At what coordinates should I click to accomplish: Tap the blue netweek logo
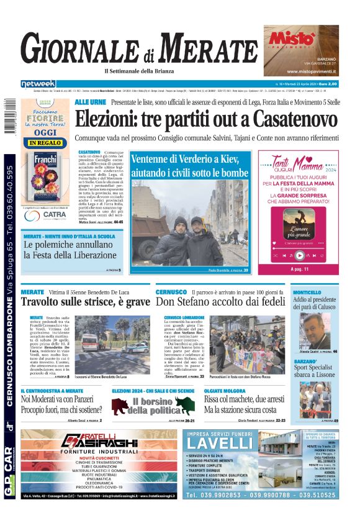click(38, 83)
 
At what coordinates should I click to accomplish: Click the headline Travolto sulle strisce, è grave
click(85, 302)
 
